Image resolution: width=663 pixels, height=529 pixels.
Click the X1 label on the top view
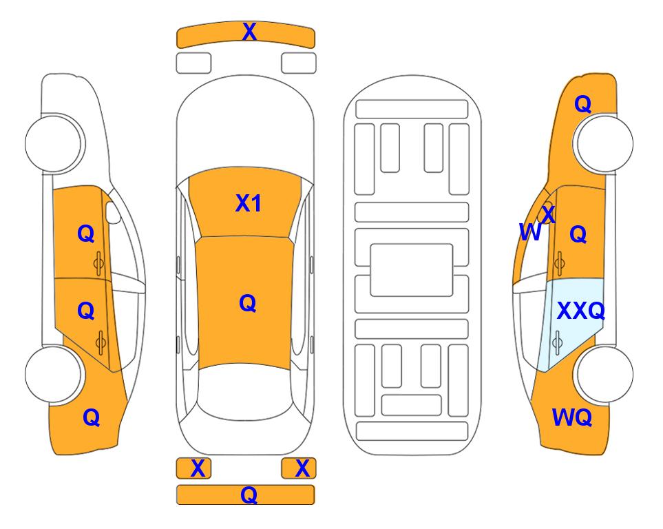point(249,203)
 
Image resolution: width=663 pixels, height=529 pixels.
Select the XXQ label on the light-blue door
point(581,311)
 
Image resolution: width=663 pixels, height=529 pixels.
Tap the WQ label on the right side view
point(572,417)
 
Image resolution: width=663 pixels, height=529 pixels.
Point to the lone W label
point(530,232)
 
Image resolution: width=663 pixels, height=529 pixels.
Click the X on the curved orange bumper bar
point(249,32)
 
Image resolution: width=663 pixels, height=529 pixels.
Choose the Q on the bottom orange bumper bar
point(249,495)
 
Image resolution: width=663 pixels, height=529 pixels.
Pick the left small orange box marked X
point(193,468)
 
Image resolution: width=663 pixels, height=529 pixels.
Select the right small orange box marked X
point(299,468)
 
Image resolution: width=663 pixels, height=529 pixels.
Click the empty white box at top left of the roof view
point(193,63)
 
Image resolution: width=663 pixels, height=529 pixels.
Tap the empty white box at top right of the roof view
point(299,63)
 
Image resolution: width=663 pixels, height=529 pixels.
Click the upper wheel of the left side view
point(54,143)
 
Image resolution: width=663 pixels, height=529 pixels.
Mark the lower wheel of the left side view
point(54,374)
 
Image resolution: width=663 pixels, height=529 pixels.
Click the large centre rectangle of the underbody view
point(412,270)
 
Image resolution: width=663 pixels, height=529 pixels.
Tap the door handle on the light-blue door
point(557,342)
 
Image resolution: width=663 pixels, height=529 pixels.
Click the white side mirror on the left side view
point(113,212)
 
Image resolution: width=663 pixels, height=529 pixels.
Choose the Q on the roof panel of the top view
point(247,303)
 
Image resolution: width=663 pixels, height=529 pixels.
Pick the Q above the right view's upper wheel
point(582,104)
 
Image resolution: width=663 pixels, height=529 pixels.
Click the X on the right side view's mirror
point(548,215)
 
